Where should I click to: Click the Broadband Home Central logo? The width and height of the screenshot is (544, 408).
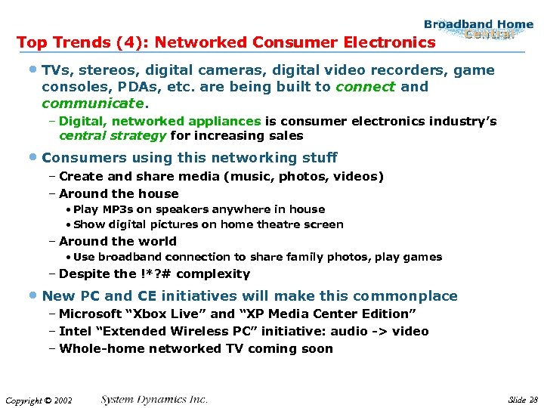click(x=478, y=29)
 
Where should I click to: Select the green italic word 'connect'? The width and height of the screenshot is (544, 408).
click(x=365, y=87)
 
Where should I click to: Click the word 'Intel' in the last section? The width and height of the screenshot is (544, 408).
click(x=76, y=331)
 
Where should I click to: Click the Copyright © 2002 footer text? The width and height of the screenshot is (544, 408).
click(x=39, y=400)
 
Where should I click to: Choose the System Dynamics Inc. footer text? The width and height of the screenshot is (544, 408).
click(x=155, y=399)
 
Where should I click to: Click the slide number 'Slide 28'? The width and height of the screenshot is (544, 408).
click(x=523, y=399)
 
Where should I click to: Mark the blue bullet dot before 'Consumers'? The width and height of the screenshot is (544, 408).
click(x=36, y=158)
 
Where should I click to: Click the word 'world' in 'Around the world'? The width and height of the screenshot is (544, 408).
click(x=158, y=242)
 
